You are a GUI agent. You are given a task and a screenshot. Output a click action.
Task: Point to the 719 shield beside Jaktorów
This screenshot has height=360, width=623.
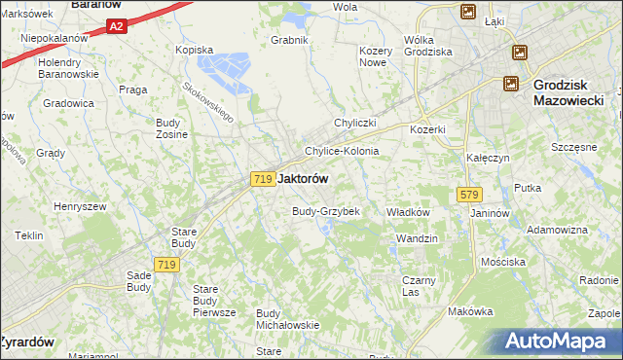260,179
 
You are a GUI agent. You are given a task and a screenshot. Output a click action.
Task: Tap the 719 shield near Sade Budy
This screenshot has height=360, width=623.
165,265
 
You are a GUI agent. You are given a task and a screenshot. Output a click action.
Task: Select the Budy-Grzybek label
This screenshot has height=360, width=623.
326,211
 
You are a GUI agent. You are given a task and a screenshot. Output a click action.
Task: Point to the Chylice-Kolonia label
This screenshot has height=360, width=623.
341,152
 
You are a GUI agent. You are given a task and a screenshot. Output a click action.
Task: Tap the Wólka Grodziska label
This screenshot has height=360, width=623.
427,45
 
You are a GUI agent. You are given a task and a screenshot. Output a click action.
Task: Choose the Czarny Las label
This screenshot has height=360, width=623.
419,286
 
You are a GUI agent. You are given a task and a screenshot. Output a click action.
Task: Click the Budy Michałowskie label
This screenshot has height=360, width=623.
287,319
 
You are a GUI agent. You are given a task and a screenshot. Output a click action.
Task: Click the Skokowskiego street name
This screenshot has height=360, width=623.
208,99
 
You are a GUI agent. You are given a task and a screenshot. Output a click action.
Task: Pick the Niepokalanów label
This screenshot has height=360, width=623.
48,37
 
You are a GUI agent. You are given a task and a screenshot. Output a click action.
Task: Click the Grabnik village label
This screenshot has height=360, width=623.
290,40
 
